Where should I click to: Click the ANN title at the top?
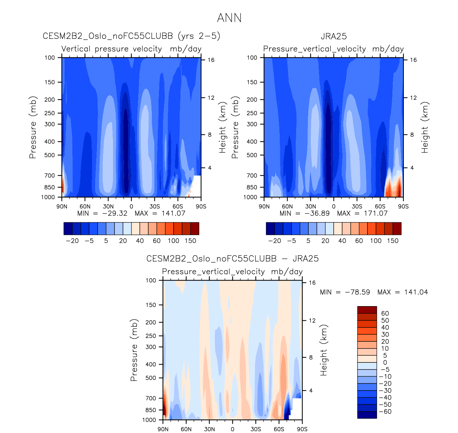click(229, 18)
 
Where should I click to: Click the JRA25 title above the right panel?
click(334, 36)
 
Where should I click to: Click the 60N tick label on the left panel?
click(85, 206)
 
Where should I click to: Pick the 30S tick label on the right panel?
click(357, 206)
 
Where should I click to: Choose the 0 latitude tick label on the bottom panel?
click(232, 429)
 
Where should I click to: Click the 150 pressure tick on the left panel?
click(50, 82)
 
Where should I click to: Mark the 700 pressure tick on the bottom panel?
click(151, 398)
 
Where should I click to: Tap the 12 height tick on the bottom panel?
click(312, 321)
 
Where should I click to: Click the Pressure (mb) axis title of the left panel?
click(33, 127)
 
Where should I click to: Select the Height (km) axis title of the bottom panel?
click(323, 350)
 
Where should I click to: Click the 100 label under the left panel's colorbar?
click(174, 241)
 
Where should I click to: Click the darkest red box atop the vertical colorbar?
click(367, 310)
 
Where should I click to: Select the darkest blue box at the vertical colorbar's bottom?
click(367, 415)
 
